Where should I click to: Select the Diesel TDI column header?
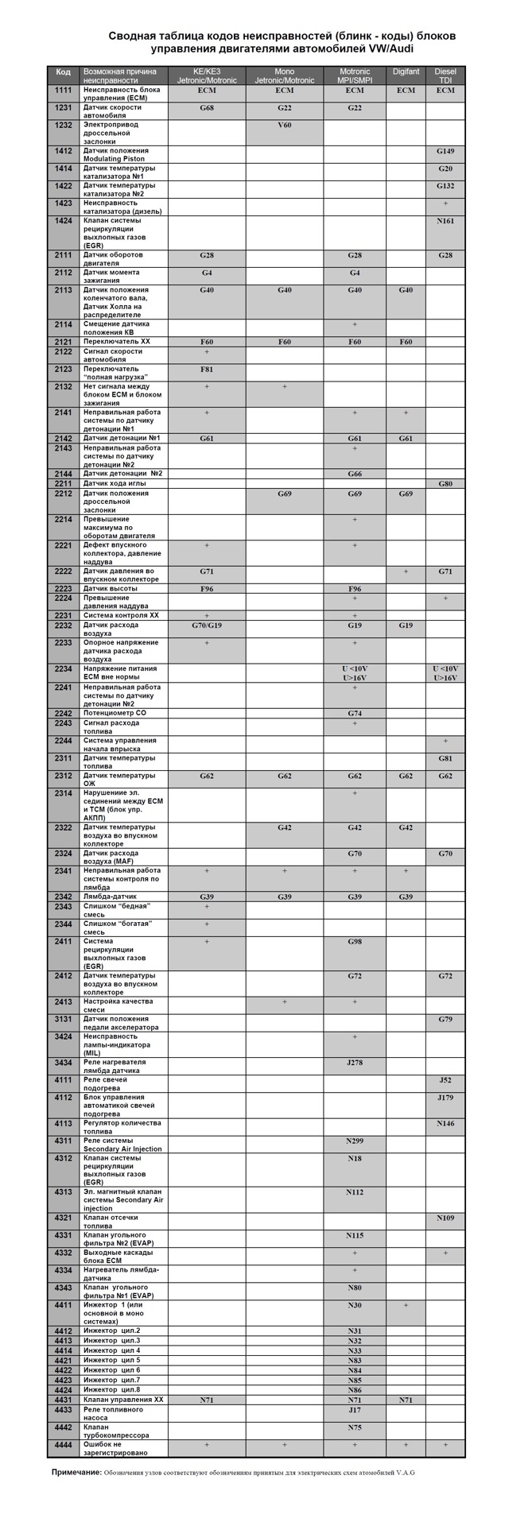point(445,76)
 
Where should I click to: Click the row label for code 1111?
point(64,91)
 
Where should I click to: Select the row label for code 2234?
point(64,668)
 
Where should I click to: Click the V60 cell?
point(284,126)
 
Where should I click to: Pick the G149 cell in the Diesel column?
point(445,151)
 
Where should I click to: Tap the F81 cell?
point(207,370)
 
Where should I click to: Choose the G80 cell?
point(445,483)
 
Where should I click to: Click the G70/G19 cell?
point(207,626)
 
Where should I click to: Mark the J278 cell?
point(355,1062)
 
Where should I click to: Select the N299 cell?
point(355,1141)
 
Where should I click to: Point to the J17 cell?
point(355,1410)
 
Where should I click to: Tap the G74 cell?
point(355,713)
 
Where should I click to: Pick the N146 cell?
point(445,1123)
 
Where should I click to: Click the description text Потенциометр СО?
point(115,713)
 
